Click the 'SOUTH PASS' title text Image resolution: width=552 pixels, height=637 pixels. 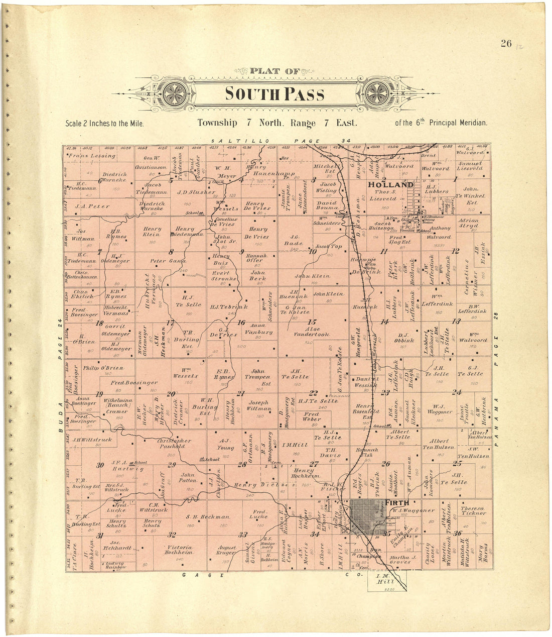[x=274, y=94]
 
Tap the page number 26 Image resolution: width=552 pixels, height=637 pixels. [x=505, y=44]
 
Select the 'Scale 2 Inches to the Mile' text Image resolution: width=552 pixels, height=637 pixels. [x=104, y=123]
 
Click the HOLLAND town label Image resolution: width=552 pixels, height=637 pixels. [x=391, y=184]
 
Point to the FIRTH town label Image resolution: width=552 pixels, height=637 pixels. [x=396, y=502]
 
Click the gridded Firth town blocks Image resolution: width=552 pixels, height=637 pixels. [x=367, y=517]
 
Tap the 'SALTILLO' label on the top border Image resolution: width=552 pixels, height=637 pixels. [x=239, y=141]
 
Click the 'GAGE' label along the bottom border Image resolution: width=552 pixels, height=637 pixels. [x=203, y=575]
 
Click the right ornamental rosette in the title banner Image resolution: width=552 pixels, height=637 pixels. [x=376, y=93]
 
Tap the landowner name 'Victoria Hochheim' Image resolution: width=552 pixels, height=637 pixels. [x=179, y=550]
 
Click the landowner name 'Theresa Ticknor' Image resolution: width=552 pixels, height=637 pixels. [x=473, y=510]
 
